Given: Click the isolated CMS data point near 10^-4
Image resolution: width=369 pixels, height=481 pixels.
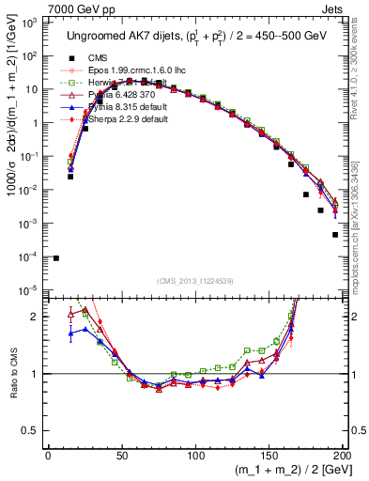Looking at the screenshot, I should pyautogui.click(x=56, y=257).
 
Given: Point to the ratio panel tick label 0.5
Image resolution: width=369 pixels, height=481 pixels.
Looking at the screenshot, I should pyautogui.click(x=30, y=431).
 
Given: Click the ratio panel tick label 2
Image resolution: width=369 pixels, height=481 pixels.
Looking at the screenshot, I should pyautogui.click(x=35, y=317).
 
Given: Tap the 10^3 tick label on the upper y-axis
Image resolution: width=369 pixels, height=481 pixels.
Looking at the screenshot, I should pyautogui.click(x=29, y=22).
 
